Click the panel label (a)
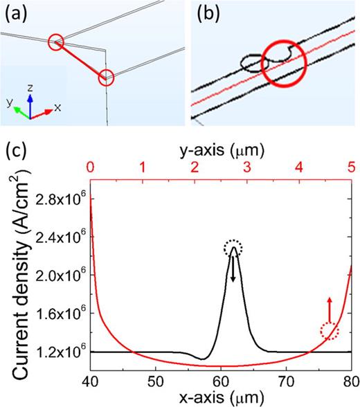[x=15, y=13]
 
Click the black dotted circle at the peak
[x=233, y=248]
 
